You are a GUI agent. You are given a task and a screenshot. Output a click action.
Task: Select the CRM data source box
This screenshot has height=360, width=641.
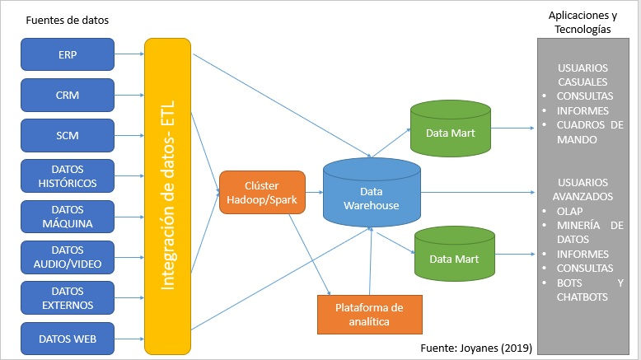pyautogui.click(x=68, y=96)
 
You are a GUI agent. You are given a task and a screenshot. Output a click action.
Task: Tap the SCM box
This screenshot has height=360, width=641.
pyautogui.click(x=68, y=135)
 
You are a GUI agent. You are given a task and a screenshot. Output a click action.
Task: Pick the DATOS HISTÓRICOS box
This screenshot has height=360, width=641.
pyautogui.click(x=68, y=176)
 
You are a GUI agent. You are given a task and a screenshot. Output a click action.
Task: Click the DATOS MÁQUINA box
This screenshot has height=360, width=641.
pyautogui.click(x=68, y=217)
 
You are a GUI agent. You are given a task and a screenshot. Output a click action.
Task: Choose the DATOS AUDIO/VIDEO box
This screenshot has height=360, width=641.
pyautogui.click(x=68, y=257)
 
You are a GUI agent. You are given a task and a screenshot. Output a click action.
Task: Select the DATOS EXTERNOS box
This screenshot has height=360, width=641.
pyautogui.click(x=68, y=297)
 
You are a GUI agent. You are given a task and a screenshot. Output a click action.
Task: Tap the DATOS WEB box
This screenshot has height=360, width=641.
pyautogui.click(x=68, y=337)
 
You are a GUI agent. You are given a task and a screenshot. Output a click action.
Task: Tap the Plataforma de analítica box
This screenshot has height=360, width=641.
pyautogui.click(x=369, y=314)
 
